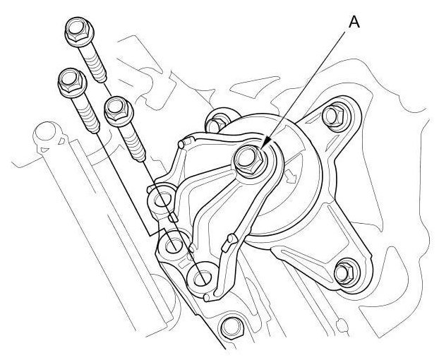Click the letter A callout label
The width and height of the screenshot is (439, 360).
point(354,22)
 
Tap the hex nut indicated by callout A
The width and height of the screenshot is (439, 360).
point(249,161)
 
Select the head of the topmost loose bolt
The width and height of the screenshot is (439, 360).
point(80,32)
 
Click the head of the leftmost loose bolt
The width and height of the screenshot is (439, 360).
point(73,83)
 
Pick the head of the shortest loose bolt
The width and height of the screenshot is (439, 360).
point(119,111)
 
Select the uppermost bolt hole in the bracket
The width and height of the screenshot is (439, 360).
point(161,199)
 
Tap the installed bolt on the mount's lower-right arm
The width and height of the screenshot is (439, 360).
point(346,272)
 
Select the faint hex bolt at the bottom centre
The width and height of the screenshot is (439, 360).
point(232,328)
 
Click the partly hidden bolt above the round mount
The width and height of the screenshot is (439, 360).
point(217,122)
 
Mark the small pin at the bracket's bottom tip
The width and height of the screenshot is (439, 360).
point(207,298)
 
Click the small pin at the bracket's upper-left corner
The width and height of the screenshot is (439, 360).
point(182,144)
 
